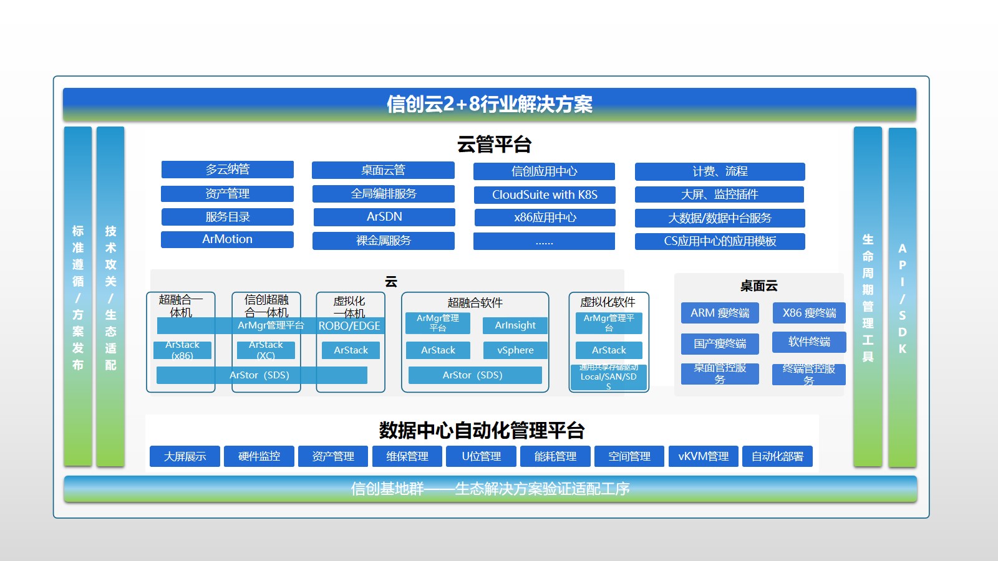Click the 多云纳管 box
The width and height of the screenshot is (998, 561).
227,170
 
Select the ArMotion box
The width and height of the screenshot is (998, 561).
227,239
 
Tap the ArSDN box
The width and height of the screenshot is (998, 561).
384,217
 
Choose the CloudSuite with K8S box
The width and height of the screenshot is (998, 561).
545,194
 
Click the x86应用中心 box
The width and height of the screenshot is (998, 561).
545,218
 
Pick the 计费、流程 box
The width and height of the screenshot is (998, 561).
720,171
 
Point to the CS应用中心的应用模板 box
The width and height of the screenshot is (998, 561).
720,241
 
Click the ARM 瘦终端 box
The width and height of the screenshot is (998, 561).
720,313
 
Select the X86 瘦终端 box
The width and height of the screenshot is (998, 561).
809,313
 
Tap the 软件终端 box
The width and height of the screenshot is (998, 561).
809,342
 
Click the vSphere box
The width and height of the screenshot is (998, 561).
515,350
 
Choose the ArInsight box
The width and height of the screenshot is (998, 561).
515,325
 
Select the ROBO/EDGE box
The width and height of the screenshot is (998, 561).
349,326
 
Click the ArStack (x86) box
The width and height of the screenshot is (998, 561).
182,350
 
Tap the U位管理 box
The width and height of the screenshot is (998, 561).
481,456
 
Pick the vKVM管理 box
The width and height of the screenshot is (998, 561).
703,456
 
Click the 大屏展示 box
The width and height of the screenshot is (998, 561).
185,456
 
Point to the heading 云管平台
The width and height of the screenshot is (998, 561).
494,145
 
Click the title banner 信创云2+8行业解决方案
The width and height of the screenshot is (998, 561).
489,104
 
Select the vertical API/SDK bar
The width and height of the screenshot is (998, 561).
902,297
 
